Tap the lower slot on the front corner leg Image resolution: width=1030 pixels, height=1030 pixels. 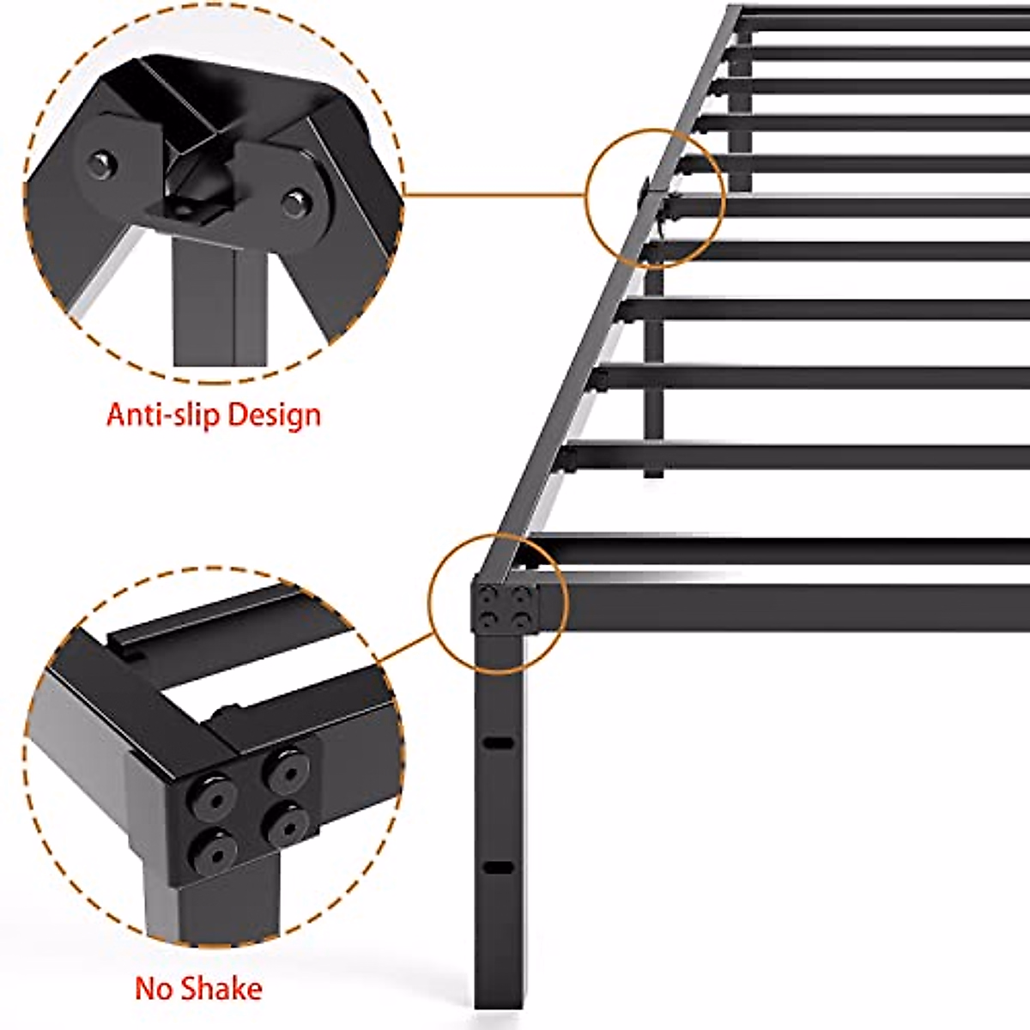pos(496,868)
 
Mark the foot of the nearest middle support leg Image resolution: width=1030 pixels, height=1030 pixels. pos(654,471)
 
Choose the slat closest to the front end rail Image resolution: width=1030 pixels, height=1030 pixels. pos(772,550)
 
